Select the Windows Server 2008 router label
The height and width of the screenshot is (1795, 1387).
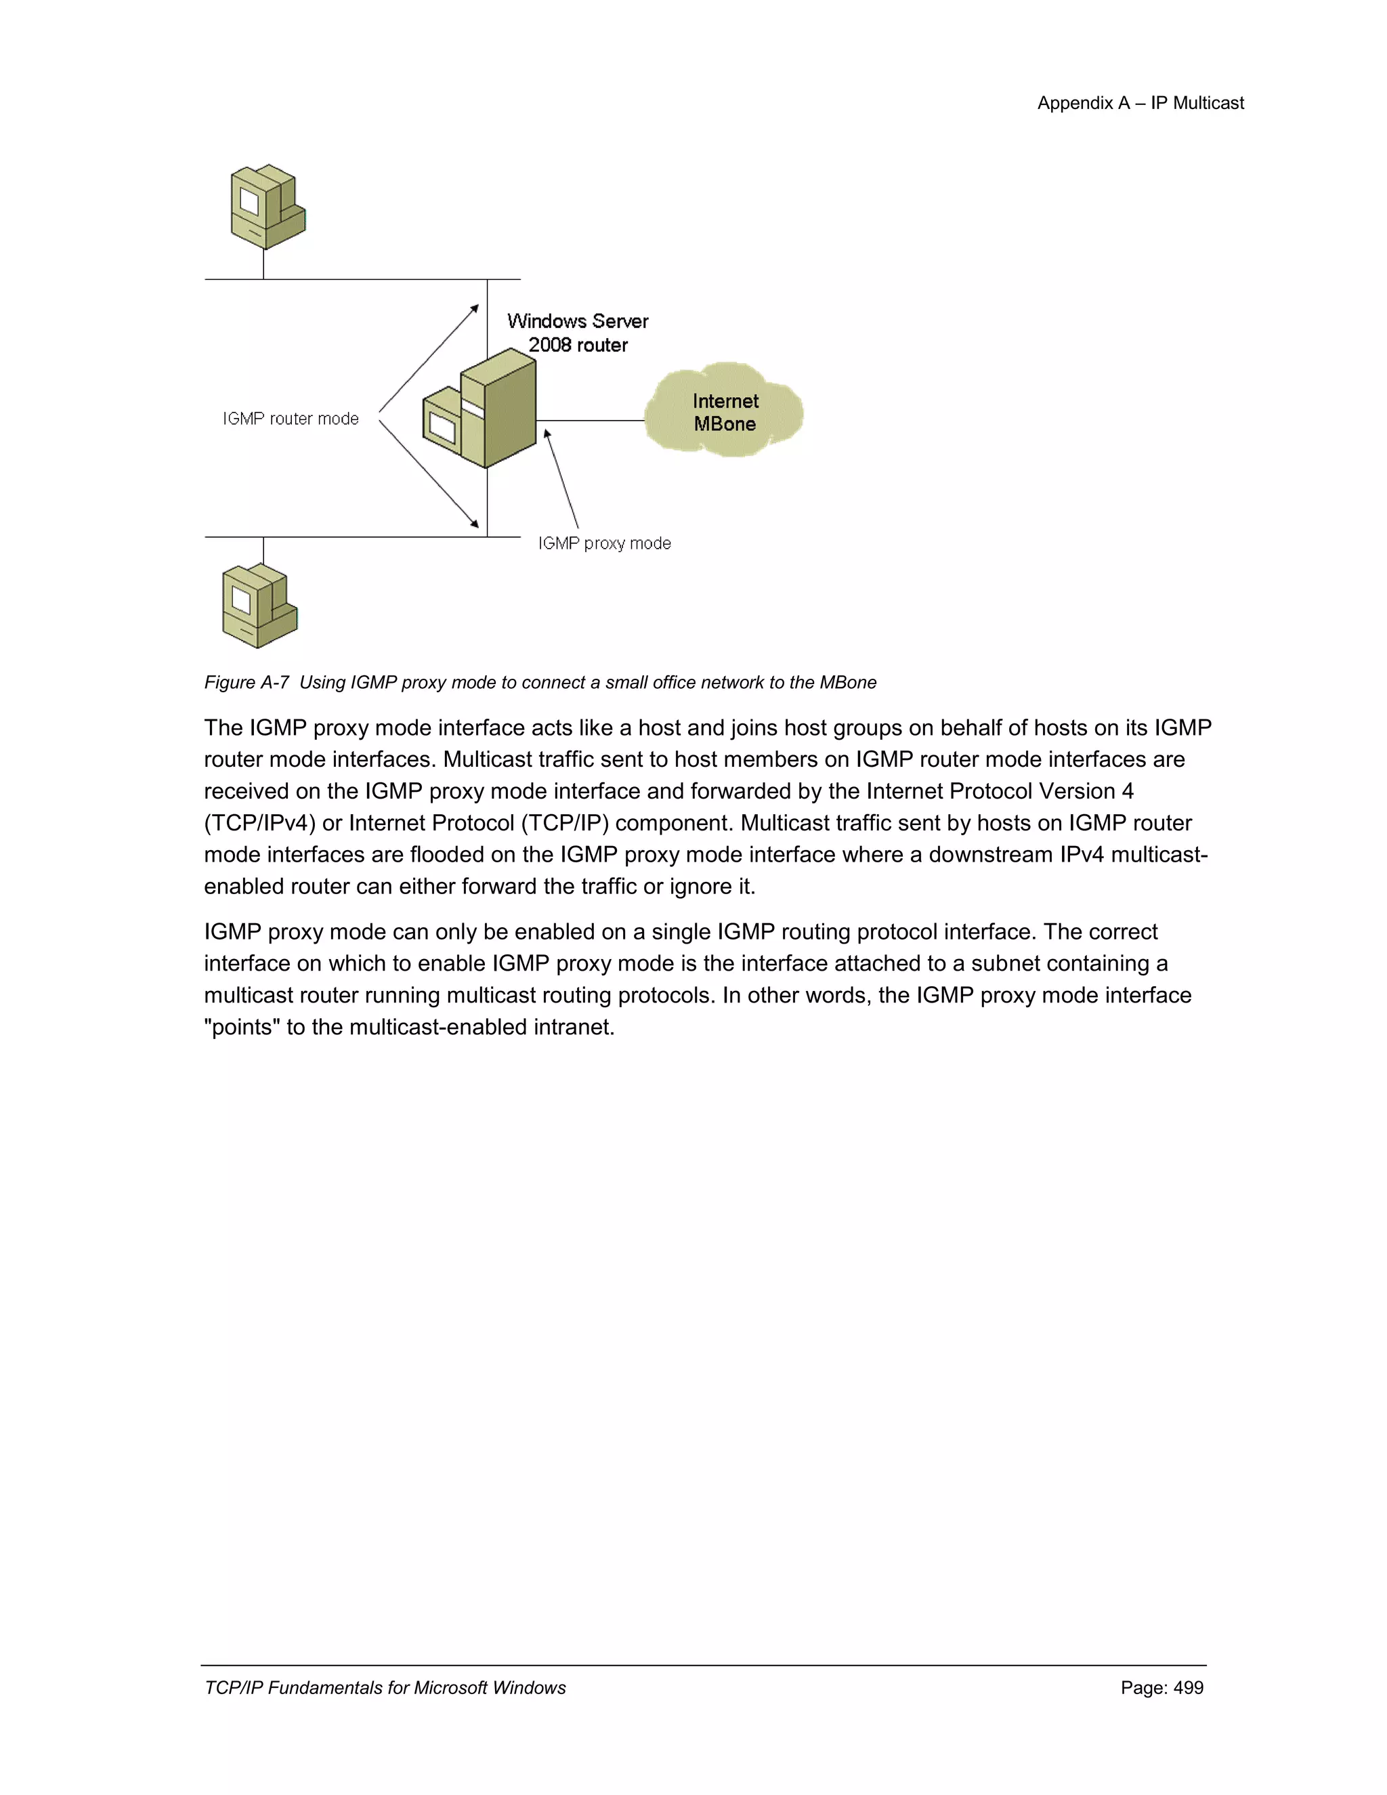578,333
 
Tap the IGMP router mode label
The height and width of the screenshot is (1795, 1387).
291,419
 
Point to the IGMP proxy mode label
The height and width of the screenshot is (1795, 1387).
605,543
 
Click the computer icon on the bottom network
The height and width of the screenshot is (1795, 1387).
259,606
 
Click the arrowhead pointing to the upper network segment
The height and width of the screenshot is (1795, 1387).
474,309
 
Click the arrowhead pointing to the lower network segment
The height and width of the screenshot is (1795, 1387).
474,523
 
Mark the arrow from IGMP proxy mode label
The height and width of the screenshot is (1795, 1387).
562,479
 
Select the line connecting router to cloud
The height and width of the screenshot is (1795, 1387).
590,421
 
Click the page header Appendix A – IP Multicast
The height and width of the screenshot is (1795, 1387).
1140,104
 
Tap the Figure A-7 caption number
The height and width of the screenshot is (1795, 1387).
247,683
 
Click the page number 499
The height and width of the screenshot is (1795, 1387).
1188,1687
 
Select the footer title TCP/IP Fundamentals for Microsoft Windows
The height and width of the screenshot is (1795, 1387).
385,1687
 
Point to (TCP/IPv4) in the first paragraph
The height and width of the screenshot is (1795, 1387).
259,824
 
